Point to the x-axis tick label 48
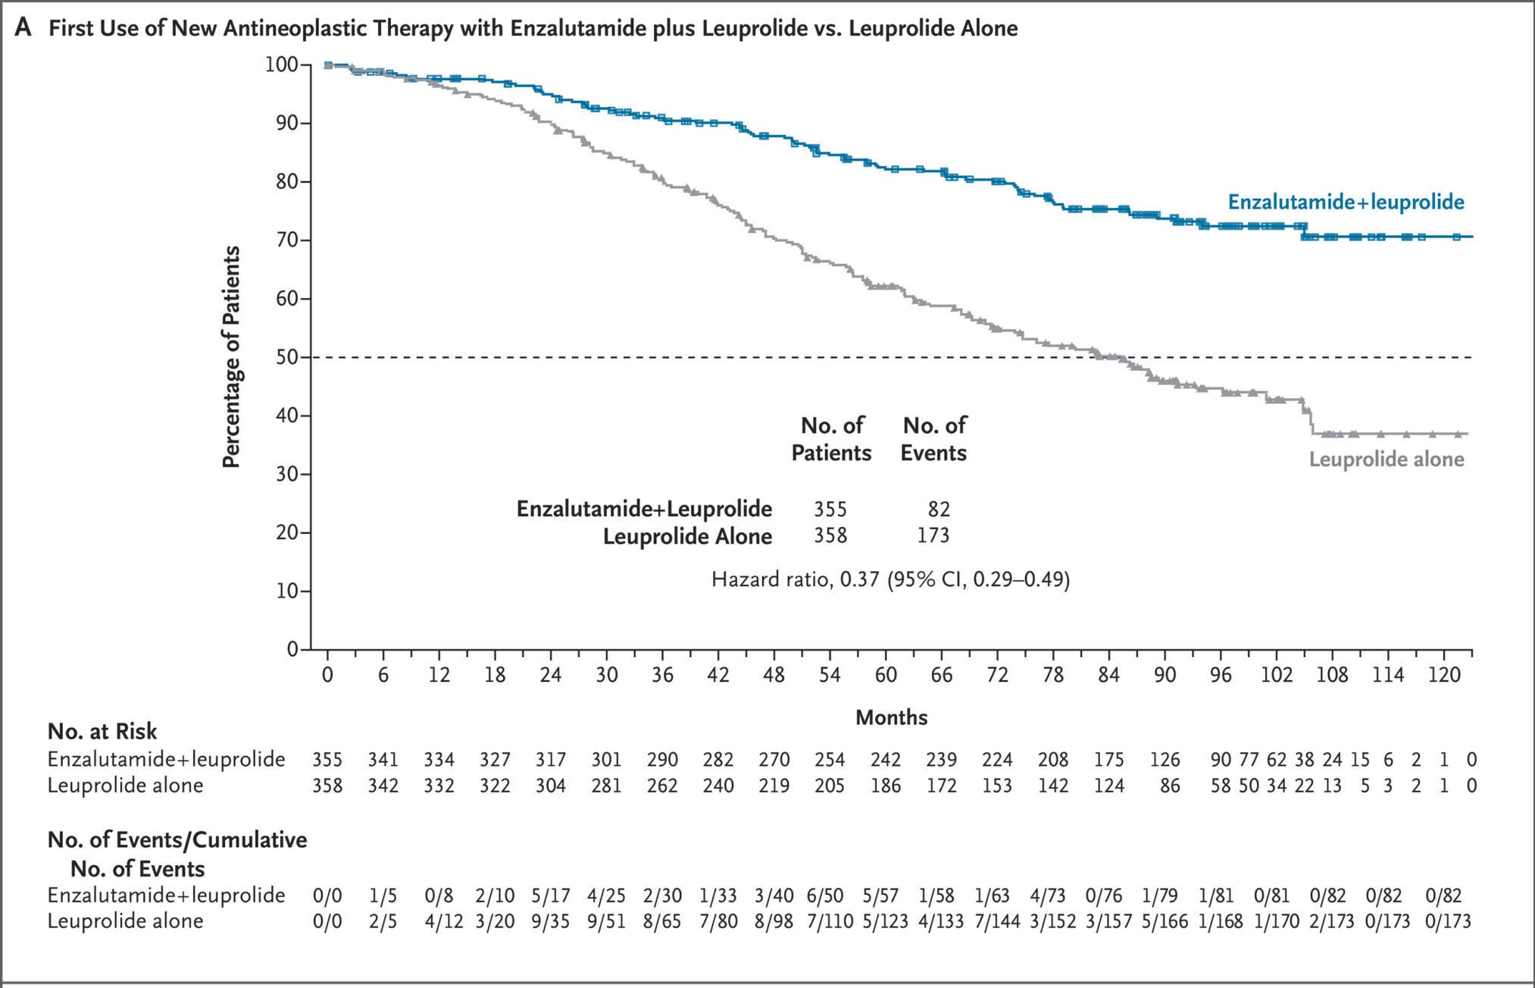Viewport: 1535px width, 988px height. tap(774, 675)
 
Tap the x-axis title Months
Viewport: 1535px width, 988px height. tap(891, 717)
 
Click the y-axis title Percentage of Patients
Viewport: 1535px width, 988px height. tap(231, 357)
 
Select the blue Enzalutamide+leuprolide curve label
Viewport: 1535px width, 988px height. tap(1346, 202)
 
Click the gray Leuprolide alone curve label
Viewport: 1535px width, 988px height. tap(1386, 459)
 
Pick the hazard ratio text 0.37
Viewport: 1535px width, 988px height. tap(859, 580)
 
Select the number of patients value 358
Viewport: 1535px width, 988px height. tap(830, 536)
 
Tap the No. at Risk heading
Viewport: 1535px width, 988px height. tap(102, 731)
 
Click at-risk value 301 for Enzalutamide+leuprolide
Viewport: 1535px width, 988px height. tap(606, 759)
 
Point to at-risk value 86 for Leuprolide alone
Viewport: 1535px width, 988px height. tap(1170, 785)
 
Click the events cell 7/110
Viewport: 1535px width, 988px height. tap(830, 921)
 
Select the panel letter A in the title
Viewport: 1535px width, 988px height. tap(23, 29)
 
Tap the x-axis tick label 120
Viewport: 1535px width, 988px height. tap(1443, 675)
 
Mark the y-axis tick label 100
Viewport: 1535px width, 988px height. tap(281, 64)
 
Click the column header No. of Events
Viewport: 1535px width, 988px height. tap(933, 439)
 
